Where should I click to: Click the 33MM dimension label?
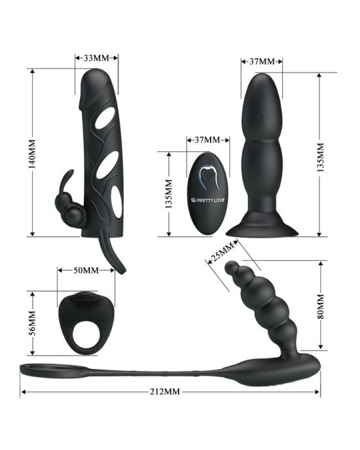coord(96,58)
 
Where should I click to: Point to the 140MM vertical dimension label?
coord(32,154)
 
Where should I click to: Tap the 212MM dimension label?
coord(165,391)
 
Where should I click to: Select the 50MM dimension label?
coord(86,270)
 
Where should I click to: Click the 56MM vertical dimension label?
coord(32,323)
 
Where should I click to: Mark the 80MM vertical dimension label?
coord(320,306)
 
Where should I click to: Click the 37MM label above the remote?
coord(207,140)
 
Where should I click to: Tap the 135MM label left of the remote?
coord(169,194)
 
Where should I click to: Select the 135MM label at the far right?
coord(320,157)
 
